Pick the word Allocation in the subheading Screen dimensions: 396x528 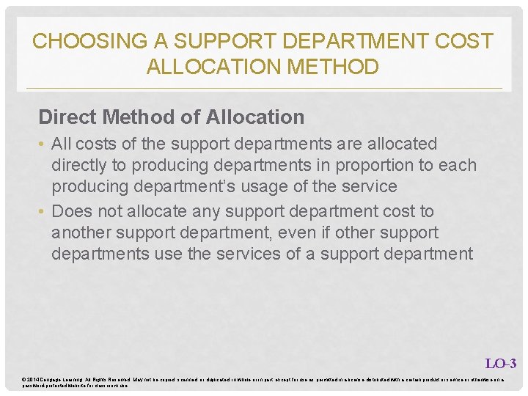tap(255, 117)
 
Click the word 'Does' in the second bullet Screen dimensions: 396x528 tap(72, 212)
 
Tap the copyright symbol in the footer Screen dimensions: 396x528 tap(25, 378)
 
